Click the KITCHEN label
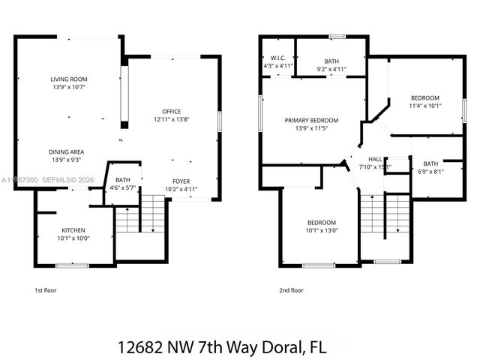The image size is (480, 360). coord(73,230)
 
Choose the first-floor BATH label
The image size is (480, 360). coord(122,180)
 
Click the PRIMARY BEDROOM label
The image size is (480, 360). coord(310,120)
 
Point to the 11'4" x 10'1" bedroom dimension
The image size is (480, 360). coord(424,106)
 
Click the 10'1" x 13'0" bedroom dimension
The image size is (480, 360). coord(321,230)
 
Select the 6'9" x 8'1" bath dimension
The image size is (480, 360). coord(430,171)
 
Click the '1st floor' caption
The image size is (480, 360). coord(46,289)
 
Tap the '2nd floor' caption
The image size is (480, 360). coord(292,289)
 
